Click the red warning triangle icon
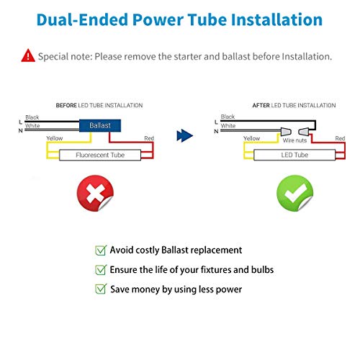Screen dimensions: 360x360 click(x=28, y=56)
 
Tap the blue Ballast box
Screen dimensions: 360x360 click(x=100, y=125)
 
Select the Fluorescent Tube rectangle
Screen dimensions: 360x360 click(x=100, y=155)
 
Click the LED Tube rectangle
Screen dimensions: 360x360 click(x=294, y=155)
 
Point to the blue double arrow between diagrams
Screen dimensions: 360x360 click(x=184, y=136)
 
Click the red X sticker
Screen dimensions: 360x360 click(x=95, y=193)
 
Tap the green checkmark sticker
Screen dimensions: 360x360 click(x=295, y=193)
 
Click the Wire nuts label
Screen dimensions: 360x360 click(x=294, y=140)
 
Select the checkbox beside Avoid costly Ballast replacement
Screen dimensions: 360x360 click(x=101, y=251)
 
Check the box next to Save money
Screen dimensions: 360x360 click(x=101, y=289)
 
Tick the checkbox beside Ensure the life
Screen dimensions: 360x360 click(x=101, y=270)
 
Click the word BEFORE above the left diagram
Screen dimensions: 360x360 click(x=66, y=105)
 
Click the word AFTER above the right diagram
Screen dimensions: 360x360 click(x=261, y=105)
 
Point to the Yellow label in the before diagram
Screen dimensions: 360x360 click(x=55, y=138)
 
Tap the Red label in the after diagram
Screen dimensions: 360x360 click(x=340, y=138)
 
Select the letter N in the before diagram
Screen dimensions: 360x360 click(x=21, y=131)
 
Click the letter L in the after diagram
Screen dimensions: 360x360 click(x=216, y=122)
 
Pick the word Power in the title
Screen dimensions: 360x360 click(x=158, y=19)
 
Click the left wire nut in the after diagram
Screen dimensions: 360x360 click(x=286, y=132)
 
